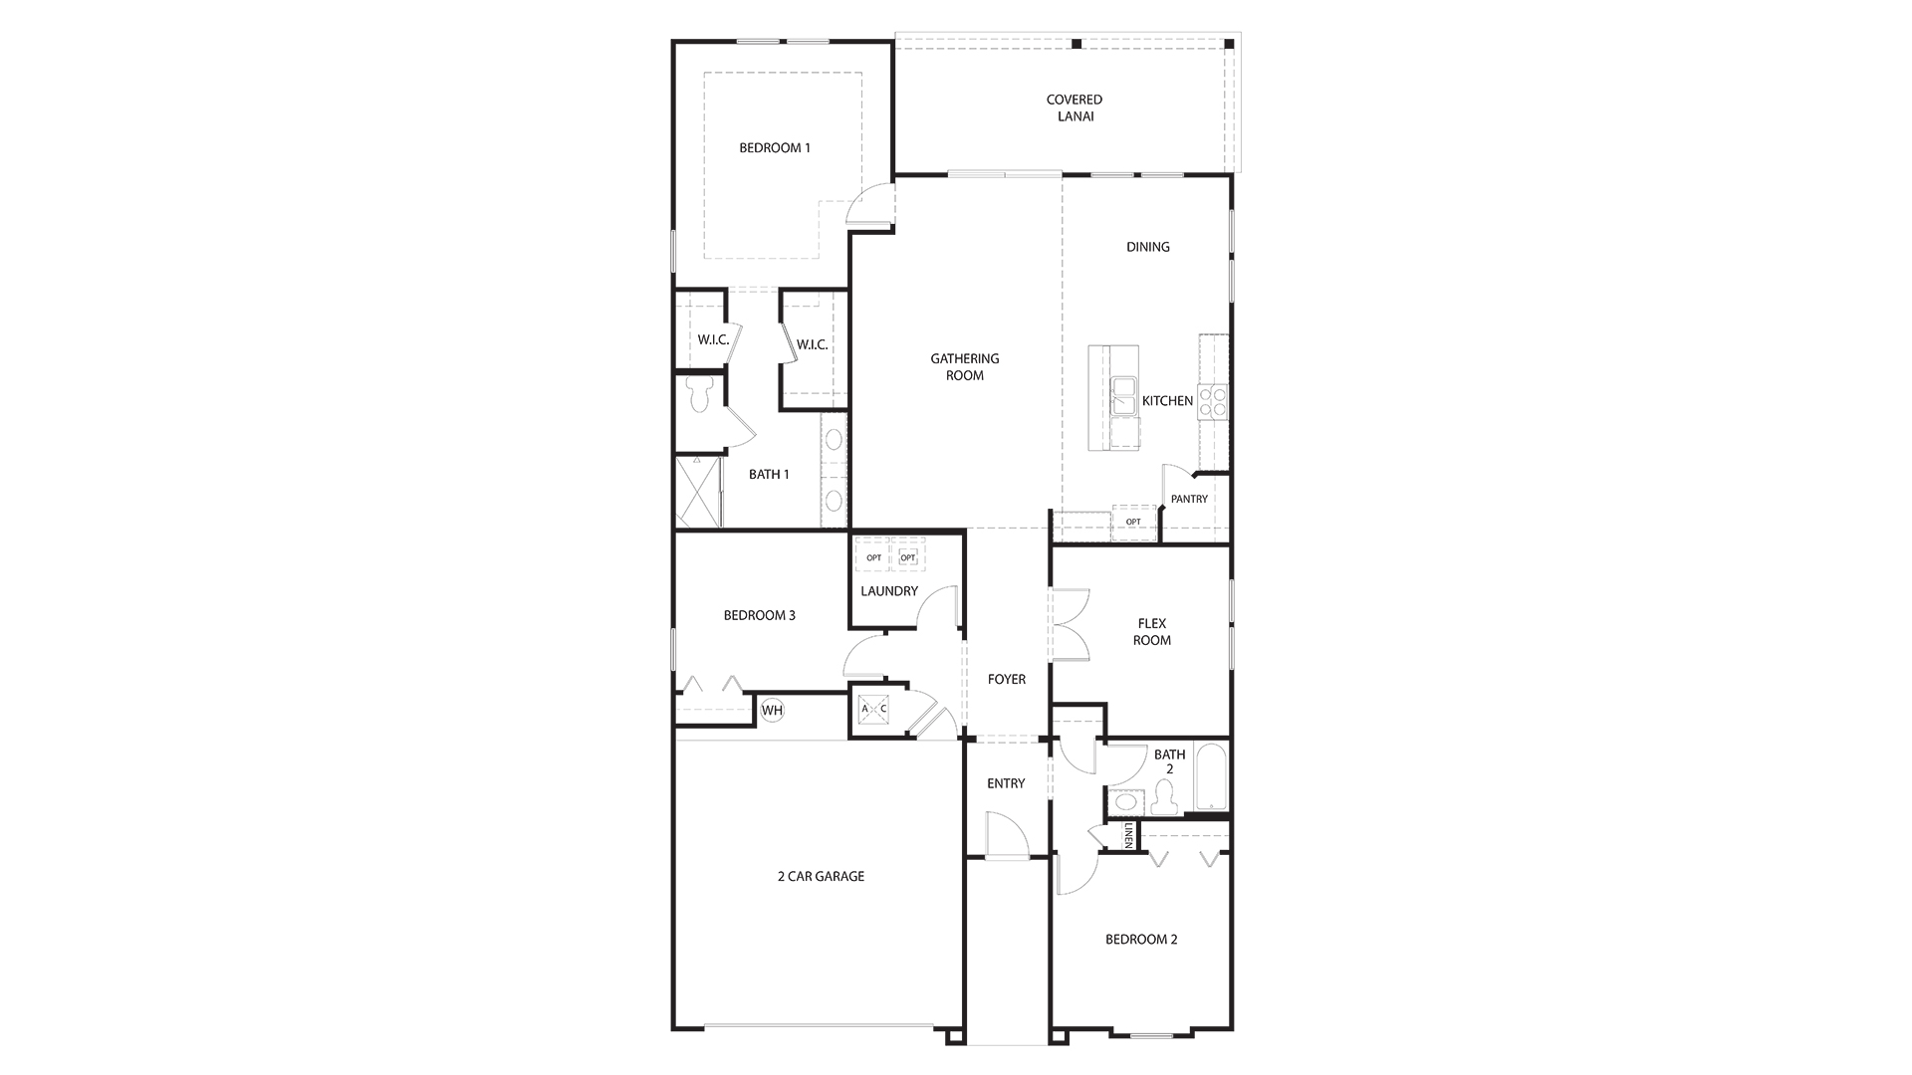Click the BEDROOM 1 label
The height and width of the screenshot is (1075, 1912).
click(x=775, y=148)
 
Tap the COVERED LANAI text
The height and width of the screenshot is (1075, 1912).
click(x=1075, y=107)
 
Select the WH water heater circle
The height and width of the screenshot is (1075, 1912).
click(x=772, y=710)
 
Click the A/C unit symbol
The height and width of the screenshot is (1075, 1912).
click(x=873, y=709)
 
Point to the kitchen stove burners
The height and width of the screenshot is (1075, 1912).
click(x=1213, y=401)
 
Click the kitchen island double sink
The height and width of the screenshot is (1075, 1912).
click(x=1125, y=395)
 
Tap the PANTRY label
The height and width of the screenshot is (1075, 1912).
click(x=1189, y=500)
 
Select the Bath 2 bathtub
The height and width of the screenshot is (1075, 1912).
click(x=1211, y=776)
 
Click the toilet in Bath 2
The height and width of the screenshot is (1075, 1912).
click(x=1163, y=797)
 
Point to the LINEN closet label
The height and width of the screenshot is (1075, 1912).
click(x=1128, y=835)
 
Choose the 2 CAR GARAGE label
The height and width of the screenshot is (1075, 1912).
click(x=821, y=877)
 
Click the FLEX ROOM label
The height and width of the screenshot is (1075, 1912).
click(x=1152, y=632)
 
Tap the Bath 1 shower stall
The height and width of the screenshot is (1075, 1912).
click(x=698, y=491)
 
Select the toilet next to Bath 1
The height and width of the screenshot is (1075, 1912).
click(x=700, y=394)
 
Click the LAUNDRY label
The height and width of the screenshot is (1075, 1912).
click(x=889, y=591)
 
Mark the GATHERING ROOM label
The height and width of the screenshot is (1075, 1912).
click(x=965, y=367)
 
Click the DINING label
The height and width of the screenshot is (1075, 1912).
click(x=1148, y=247)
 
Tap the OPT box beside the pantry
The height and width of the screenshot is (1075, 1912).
click(x=1133, y=522)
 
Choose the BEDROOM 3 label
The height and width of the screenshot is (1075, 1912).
click(x=760, y=615)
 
